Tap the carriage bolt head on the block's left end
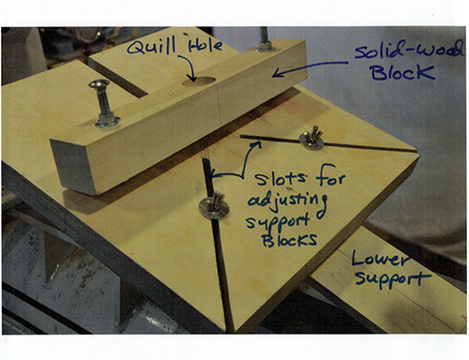click(x=99, y=90)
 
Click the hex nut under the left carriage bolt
click(x=104, y=118)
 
